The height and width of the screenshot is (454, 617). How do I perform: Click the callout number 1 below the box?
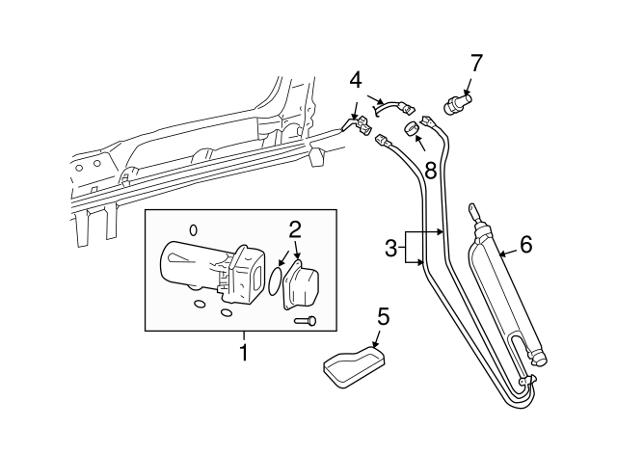click(x=243, y=354)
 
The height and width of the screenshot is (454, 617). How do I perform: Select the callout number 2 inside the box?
click(x=295, y=229)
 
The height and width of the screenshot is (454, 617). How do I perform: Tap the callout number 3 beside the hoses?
click(x=390, y=247)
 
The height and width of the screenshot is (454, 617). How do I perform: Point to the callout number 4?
click(x=355, y=79)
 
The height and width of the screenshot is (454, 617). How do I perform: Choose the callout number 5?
click(x=383, y=315)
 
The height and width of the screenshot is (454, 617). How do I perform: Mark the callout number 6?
click(x=525, y=244)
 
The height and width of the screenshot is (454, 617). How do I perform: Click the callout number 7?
click(x=474, y=63)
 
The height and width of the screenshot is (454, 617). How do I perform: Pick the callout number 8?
click(x=430, y=171)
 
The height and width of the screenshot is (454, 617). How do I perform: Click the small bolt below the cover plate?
click(x=308, y=321)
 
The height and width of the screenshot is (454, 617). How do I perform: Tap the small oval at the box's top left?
click(x=193, y=229)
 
